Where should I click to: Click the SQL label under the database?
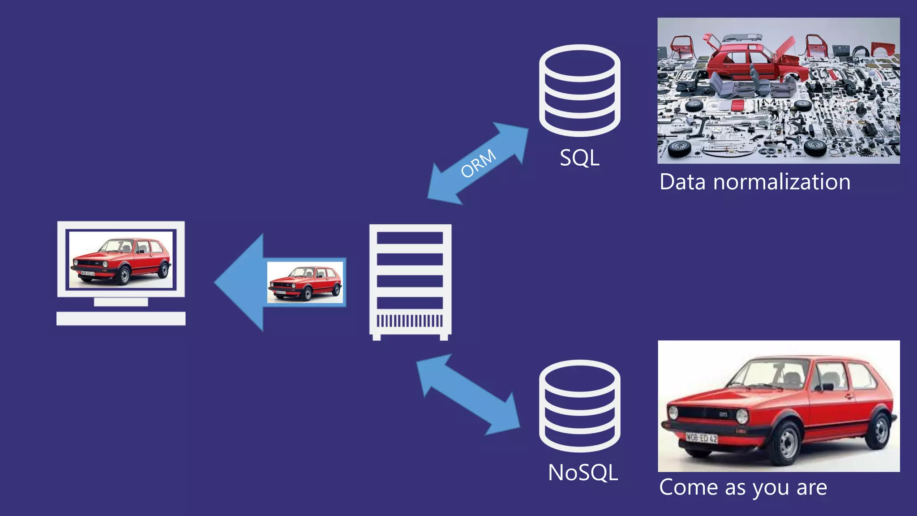[x=579, y=158]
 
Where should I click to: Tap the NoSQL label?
[x=583, y=473]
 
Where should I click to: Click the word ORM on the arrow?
[x=478, y=163]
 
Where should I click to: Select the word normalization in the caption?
[x=781, y=182]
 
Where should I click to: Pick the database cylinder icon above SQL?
[x=579, y=90]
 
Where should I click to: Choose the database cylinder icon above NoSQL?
[x=579, y=405]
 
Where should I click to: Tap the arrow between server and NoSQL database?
[x=468, y=394]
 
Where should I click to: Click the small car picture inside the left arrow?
[x=305, y=282]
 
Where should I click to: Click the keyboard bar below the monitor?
[x=121, y=318]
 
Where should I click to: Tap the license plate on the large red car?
[x=702, y=438]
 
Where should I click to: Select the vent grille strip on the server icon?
[x=410, y=321]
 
